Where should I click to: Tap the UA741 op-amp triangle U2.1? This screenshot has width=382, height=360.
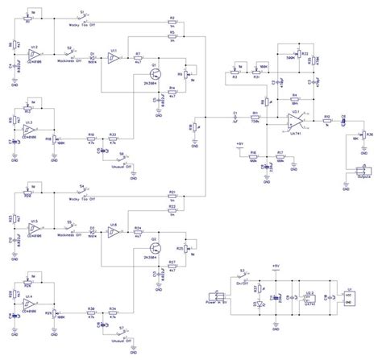[296, 122]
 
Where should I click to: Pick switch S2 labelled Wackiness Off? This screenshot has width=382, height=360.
[71, 56]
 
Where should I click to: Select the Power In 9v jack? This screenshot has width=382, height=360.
[218, 301]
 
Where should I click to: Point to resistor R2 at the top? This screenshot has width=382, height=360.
[172, 20]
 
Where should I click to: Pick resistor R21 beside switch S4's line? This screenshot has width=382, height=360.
[172, 197]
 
